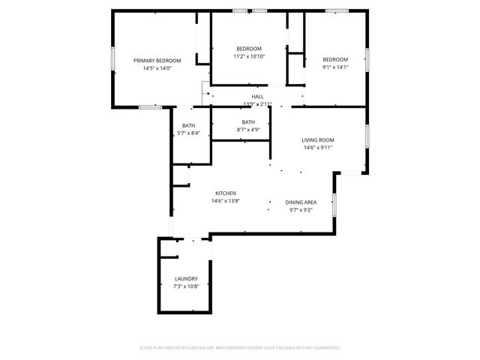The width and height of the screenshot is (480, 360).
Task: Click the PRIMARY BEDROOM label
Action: point(157,60)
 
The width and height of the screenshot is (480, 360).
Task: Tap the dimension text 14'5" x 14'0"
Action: point(157,68)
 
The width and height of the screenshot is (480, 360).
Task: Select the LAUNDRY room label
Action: point(186,278)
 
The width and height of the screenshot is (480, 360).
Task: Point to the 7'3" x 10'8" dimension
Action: point(186,286)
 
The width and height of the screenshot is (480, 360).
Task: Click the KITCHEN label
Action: point(226,193)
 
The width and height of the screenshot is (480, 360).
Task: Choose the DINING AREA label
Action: point(301,202)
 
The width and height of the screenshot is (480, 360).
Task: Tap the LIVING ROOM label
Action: point(318,139)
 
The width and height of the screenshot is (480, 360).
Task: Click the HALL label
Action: point(257,96)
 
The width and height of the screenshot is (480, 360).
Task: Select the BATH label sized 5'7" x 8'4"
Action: point(188,125)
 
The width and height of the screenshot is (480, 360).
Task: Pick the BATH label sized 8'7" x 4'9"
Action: point(248,122)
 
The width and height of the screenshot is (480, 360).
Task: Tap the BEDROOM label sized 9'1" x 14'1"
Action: point(335,59)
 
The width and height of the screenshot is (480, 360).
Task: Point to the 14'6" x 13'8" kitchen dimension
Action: point(226,201)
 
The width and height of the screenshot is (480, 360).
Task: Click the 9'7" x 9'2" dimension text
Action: point(301,210)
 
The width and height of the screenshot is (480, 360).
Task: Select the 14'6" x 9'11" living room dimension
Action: point(318,148)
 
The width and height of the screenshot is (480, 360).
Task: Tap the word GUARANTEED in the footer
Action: point(327,348)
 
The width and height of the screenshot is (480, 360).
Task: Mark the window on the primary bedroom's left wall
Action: point(113,59)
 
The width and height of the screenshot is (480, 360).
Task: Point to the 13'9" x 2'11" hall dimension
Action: point(257,104)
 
